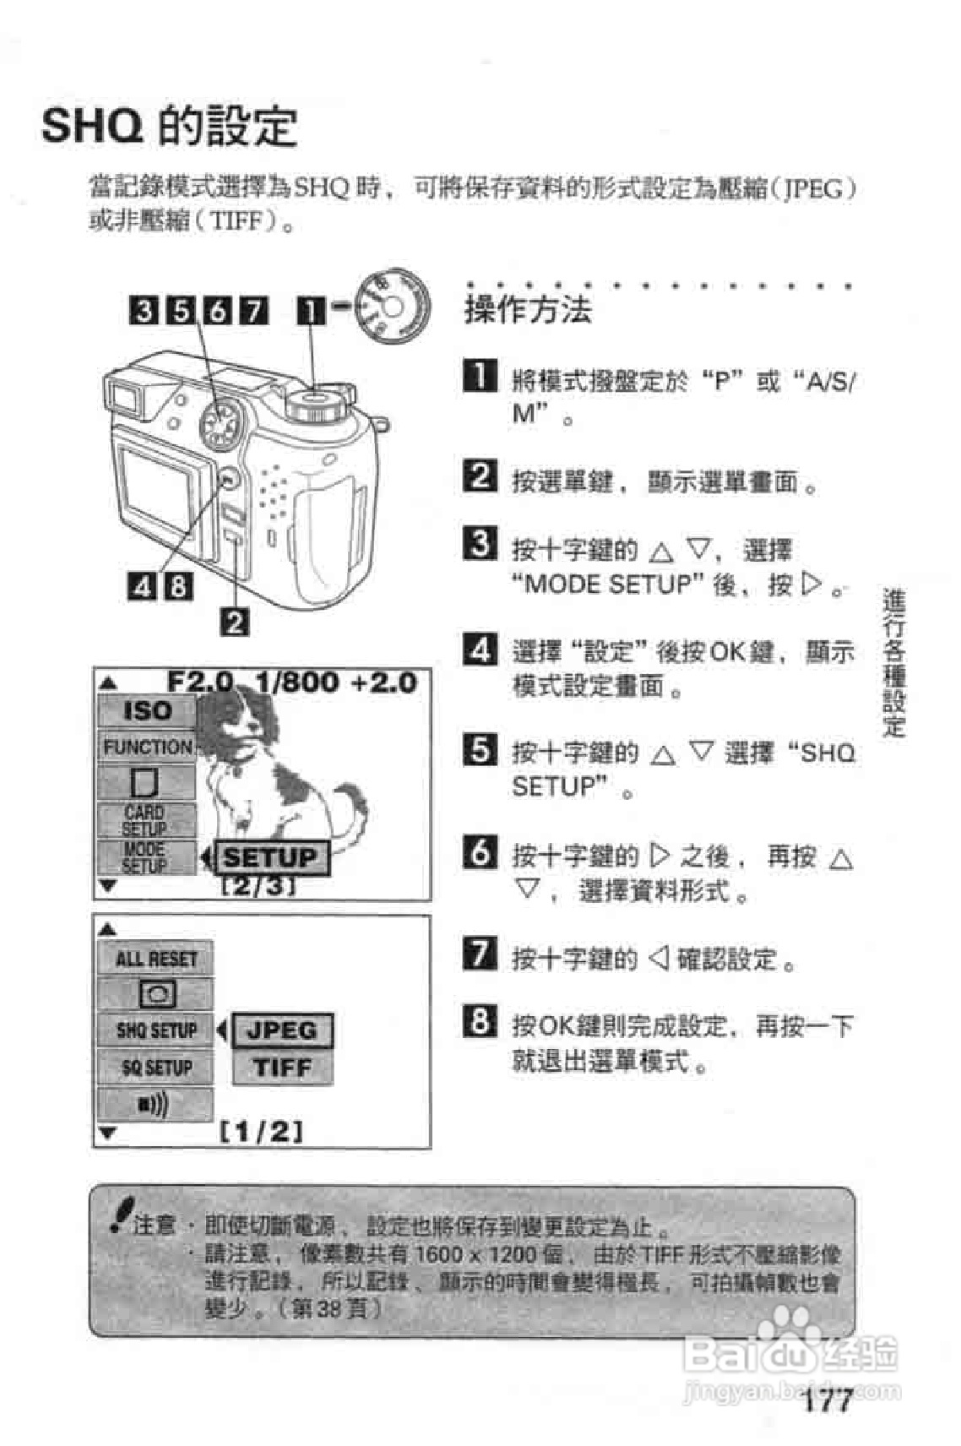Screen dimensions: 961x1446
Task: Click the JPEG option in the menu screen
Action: pyautogui.click(x=282, y=1030)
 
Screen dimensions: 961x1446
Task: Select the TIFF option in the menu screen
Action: pyautogui.click(x=282, y=1068)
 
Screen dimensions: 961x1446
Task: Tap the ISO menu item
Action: pyautogui.click(x=147, y=711)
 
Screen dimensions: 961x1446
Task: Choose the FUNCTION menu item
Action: pyautogui.click(x=147, y=747)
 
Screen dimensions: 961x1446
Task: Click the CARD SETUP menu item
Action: pyautogui.click(x=145, y=820)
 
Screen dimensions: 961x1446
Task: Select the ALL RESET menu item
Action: pyautogui.click(x=155, y=959)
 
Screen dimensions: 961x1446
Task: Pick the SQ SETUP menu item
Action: pyautogui.click(x=155, y=1068)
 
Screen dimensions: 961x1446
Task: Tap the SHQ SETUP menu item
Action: pyautogui.click(x=155, y=1030)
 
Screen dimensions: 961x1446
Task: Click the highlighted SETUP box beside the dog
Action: pyautogui.click(x=269, y=858)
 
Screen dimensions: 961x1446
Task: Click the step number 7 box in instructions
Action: pyautogui.click(x=480, y=954)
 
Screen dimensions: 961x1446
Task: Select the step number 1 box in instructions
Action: pyautogui.click(x=480, y=376)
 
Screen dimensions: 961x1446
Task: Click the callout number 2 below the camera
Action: pyautogui.click(x=234, y=622)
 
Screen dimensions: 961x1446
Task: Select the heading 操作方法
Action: pyautogui.click(x=528, y=310)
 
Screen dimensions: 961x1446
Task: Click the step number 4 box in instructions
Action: pyautogui.click(x=480, y=649)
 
